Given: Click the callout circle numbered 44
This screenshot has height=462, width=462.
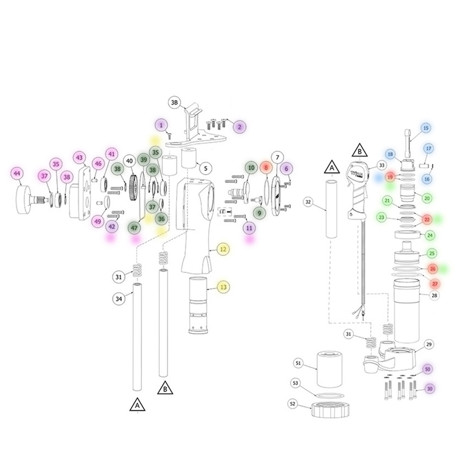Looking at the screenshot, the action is pyautogui.click(x=17, y=174).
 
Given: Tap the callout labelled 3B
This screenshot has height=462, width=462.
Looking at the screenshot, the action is pyautogui.click(x=175, y=102).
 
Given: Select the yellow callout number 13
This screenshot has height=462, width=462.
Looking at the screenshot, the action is pyautogui.click(x=223, y=287).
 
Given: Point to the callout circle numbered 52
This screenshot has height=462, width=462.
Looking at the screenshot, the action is pyautogui.click(x=292, y=404).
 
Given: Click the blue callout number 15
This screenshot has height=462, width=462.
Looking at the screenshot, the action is pyautogui.click(x=426, y=128).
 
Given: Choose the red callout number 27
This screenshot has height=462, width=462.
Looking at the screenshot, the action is pyautogui.click(x=435, y=284).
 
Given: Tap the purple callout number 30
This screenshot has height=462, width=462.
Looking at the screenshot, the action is pyautogui.click(x=430, y=389).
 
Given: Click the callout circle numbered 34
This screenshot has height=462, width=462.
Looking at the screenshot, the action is pyautogui.click(x=118, y=299).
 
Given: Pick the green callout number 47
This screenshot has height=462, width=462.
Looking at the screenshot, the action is pyautogui.click(x=134, y=228).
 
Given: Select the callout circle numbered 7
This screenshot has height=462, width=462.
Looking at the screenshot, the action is pyautogui.click(x=277, y=158).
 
